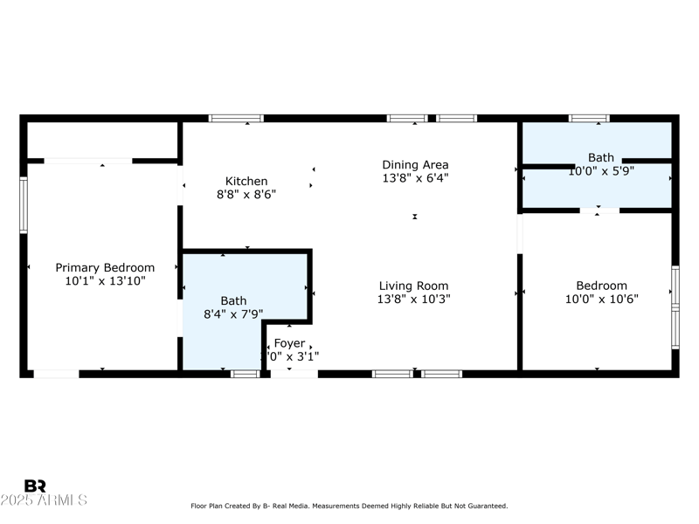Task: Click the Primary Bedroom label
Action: tap(105, 268)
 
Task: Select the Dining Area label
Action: tap(415, 164)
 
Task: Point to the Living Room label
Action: tap(413, 286)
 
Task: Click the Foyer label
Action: tap(289, 343)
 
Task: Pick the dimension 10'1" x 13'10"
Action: tap(105, 281)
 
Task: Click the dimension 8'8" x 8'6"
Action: tap(246, 195)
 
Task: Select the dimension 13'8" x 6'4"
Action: tap(415, 177)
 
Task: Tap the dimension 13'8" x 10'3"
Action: tap(413, 299)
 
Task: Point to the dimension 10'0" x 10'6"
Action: tap(601, 299)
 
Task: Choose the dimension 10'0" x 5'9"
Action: tap(601, 171)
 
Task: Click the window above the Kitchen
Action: tap(236, 118)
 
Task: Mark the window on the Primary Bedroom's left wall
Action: tap(24, 205)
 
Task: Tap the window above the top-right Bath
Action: tap(589, 118)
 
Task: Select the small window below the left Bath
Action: tap(246, 374)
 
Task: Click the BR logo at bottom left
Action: tap(35, 486)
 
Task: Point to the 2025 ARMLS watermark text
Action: tap(44, 500)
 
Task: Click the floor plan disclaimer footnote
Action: tap(349, 506)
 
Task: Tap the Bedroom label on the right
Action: tap(601, 286)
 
